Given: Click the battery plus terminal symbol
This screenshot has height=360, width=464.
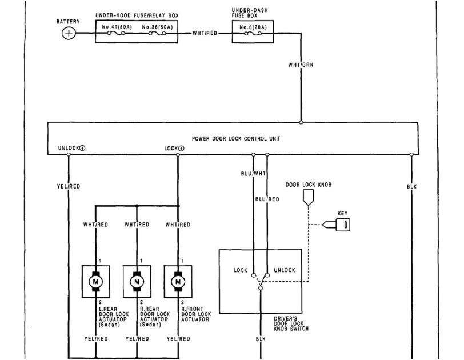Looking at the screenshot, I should click(x=69, y=33).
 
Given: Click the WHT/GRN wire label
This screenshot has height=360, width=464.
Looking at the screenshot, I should click(x=301, y=65).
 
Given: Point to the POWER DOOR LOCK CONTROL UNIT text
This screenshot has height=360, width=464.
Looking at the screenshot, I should click(x=236, y=139).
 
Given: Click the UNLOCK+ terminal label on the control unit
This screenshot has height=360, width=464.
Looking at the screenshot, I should click(x=72, y=148).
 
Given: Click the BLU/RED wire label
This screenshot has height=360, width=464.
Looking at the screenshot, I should click(x=267, y=199).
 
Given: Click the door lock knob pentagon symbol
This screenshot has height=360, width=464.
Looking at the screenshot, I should click(x=309, y=198).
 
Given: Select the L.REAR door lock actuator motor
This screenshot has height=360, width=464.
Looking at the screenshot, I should click(x=96, y=282).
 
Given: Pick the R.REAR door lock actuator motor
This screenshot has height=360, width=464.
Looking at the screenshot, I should click(x=137, y=282).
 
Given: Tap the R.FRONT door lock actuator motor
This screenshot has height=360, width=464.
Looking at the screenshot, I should click(x=178, y=282).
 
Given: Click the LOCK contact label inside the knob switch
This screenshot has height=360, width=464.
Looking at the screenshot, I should click(x=241, y=270).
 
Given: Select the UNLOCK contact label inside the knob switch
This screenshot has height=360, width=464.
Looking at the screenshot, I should click(x=285, y=270).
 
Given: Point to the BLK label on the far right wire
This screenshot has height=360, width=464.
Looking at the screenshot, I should click(x=411, y=186).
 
